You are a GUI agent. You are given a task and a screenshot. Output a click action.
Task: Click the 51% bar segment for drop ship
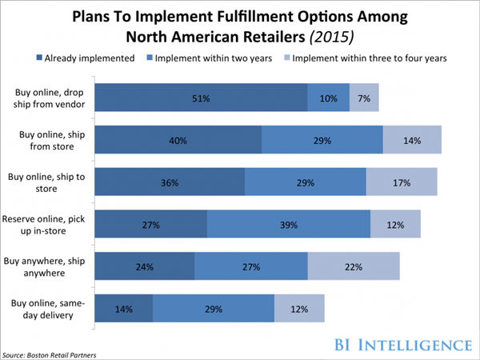[202, 98]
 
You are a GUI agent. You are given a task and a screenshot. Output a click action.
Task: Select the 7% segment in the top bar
[364, 98]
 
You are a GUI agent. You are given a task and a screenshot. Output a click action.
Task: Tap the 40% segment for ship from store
[178, 140]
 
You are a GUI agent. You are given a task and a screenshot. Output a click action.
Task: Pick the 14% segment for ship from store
[412, 140]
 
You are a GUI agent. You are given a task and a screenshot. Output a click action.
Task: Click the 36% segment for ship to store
[170, 182]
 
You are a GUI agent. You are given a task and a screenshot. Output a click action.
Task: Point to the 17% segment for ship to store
[402, 182]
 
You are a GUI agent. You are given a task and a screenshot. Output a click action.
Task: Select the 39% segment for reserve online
[288, 224]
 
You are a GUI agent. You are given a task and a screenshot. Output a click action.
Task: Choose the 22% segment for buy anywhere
[353, 266]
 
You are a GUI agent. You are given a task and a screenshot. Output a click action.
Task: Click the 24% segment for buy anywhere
[145, 266]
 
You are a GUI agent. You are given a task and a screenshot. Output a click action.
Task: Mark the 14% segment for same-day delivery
[124, 308]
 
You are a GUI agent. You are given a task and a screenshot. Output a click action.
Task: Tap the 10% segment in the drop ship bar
[328, 98]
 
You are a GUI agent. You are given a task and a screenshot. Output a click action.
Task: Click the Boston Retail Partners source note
[51, 353]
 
